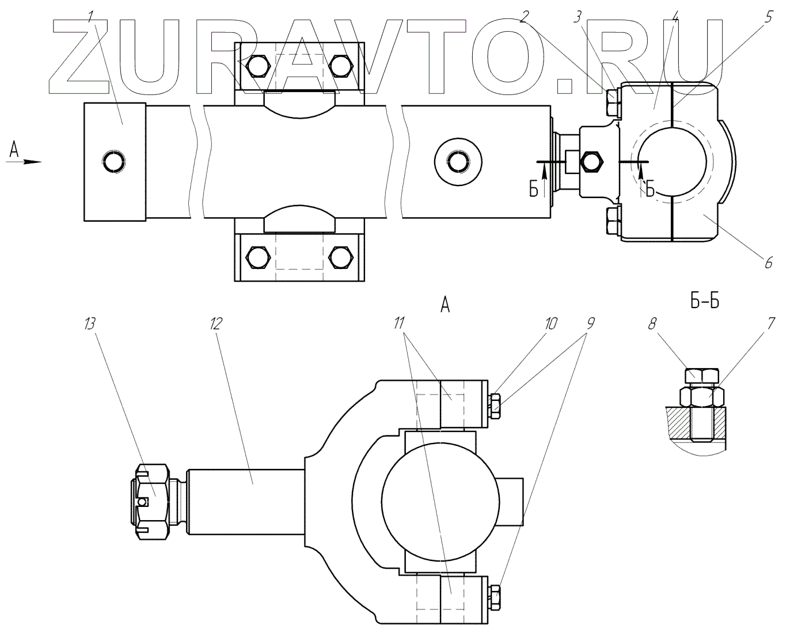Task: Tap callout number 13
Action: pyautogui.click(x=90, y=324)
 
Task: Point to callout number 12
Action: pyautogui.click(x=215, y=324)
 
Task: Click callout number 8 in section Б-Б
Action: pyautogui.click(x=652, y=324)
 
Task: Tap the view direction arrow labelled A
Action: pyautogui.click(x=26, y=161)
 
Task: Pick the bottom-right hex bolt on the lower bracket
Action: pyautogui.click(x=340, y=256)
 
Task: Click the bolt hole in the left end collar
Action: pyautogui.click(x=113, y=162)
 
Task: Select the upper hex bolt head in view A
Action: pyautogui.click(x=493, y=406)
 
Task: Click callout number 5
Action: pyautogui.click(x=768, y=17)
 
